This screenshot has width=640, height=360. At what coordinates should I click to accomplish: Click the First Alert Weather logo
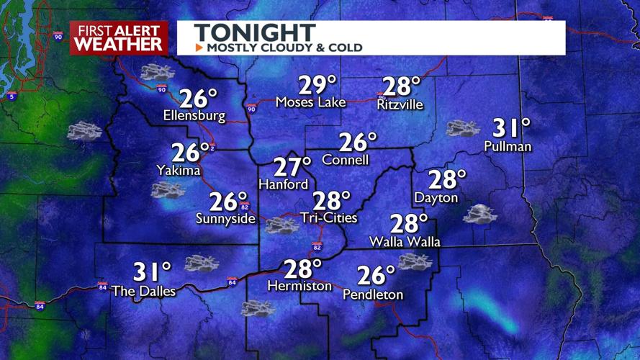click(119, 37)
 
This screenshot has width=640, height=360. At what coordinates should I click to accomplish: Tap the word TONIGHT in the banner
click(254, 32)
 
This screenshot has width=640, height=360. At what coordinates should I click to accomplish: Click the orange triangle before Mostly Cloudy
click(199, 48)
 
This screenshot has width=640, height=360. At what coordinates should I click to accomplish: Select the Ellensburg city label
click(194, 115)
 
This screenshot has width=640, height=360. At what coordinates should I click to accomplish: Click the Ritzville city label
click(400, 104)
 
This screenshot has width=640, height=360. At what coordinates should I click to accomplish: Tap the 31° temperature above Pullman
click(511, 129)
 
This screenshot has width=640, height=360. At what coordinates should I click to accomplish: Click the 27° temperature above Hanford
click(292, 167)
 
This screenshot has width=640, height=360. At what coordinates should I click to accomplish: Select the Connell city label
click(346, 159)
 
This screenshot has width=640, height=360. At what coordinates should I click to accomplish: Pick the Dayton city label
click(436, 197)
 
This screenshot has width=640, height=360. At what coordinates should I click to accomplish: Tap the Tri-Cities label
click(330, 217)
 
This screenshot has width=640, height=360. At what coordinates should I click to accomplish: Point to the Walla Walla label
click(405, 241)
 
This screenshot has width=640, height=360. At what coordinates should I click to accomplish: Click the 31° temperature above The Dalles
click(152, 272)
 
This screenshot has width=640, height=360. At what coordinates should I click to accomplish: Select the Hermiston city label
click(299, 286)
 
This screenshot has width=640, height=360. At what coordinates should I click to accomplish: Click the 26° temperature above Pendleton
click(377, 275)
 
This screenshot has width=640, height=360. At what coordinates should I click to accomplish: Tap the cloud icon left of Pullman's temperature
click(462, 129)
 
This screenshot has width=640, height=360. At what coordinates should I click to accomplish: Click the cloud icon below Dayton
click(479, 214)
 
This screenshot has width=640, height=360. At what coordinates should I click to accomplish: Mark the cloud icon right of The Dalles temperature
click(202, 264)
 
